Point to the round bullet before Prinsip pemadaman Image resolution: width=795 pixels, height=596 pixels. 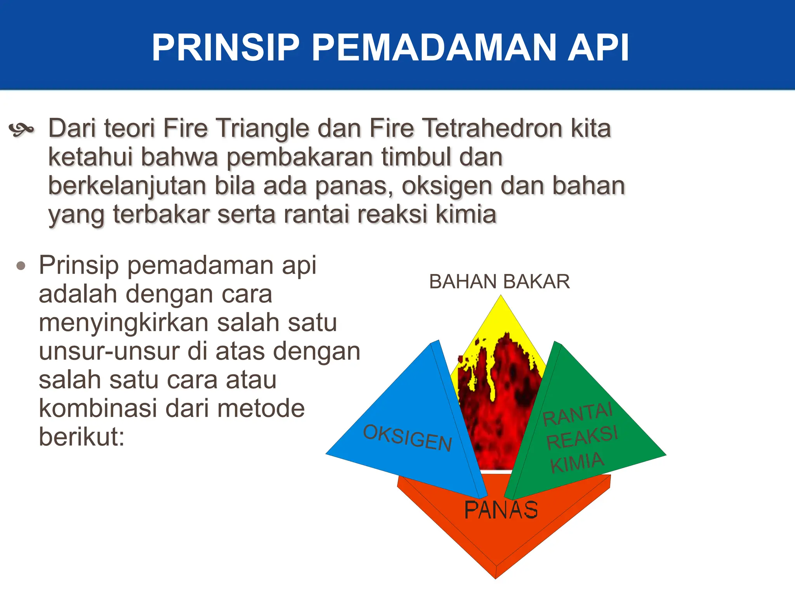click(x=21, y=266)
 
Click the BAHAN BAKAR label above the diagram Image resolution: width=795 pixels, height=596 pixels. click(x=499, y=282)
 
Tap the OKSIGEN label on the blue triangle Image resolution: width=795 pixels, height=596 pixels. click(x=408, y=438)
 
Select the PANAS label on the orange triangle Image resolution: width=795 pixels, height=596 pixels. click(x=501, y=510)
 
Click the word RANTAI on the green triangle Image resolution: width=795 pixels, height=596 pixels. click(x=577, y=414)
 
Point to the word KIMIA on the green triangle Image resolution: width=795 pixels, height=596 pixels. click(x=577, y=463)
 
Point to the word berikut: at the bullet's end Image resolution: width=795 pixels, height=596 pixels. click(x=82, y=437)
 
